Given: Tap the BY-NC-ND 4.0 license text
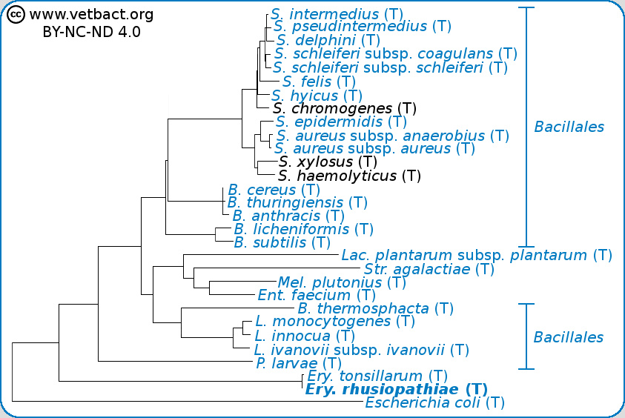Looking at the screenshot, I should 91,32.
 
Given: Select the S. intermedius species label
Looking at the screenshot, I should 325,14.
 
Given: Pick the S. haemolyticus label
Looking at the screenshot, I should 349,176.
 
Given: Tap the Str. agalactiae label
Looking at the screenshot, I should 429,269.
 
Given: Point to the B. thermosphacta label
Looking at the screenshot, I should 375,308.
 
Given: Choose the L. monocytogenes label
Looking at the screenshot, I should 334,322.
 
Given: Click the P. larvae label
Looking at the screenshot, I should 298,363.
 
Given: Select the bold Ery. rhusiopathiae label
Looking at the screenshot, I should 396,390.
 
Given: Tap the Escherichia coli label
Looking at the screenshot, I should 434,403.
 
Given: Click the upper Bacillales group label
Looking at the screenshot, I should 569,127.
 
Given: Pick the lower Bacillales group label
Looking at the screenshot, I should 569,338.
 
